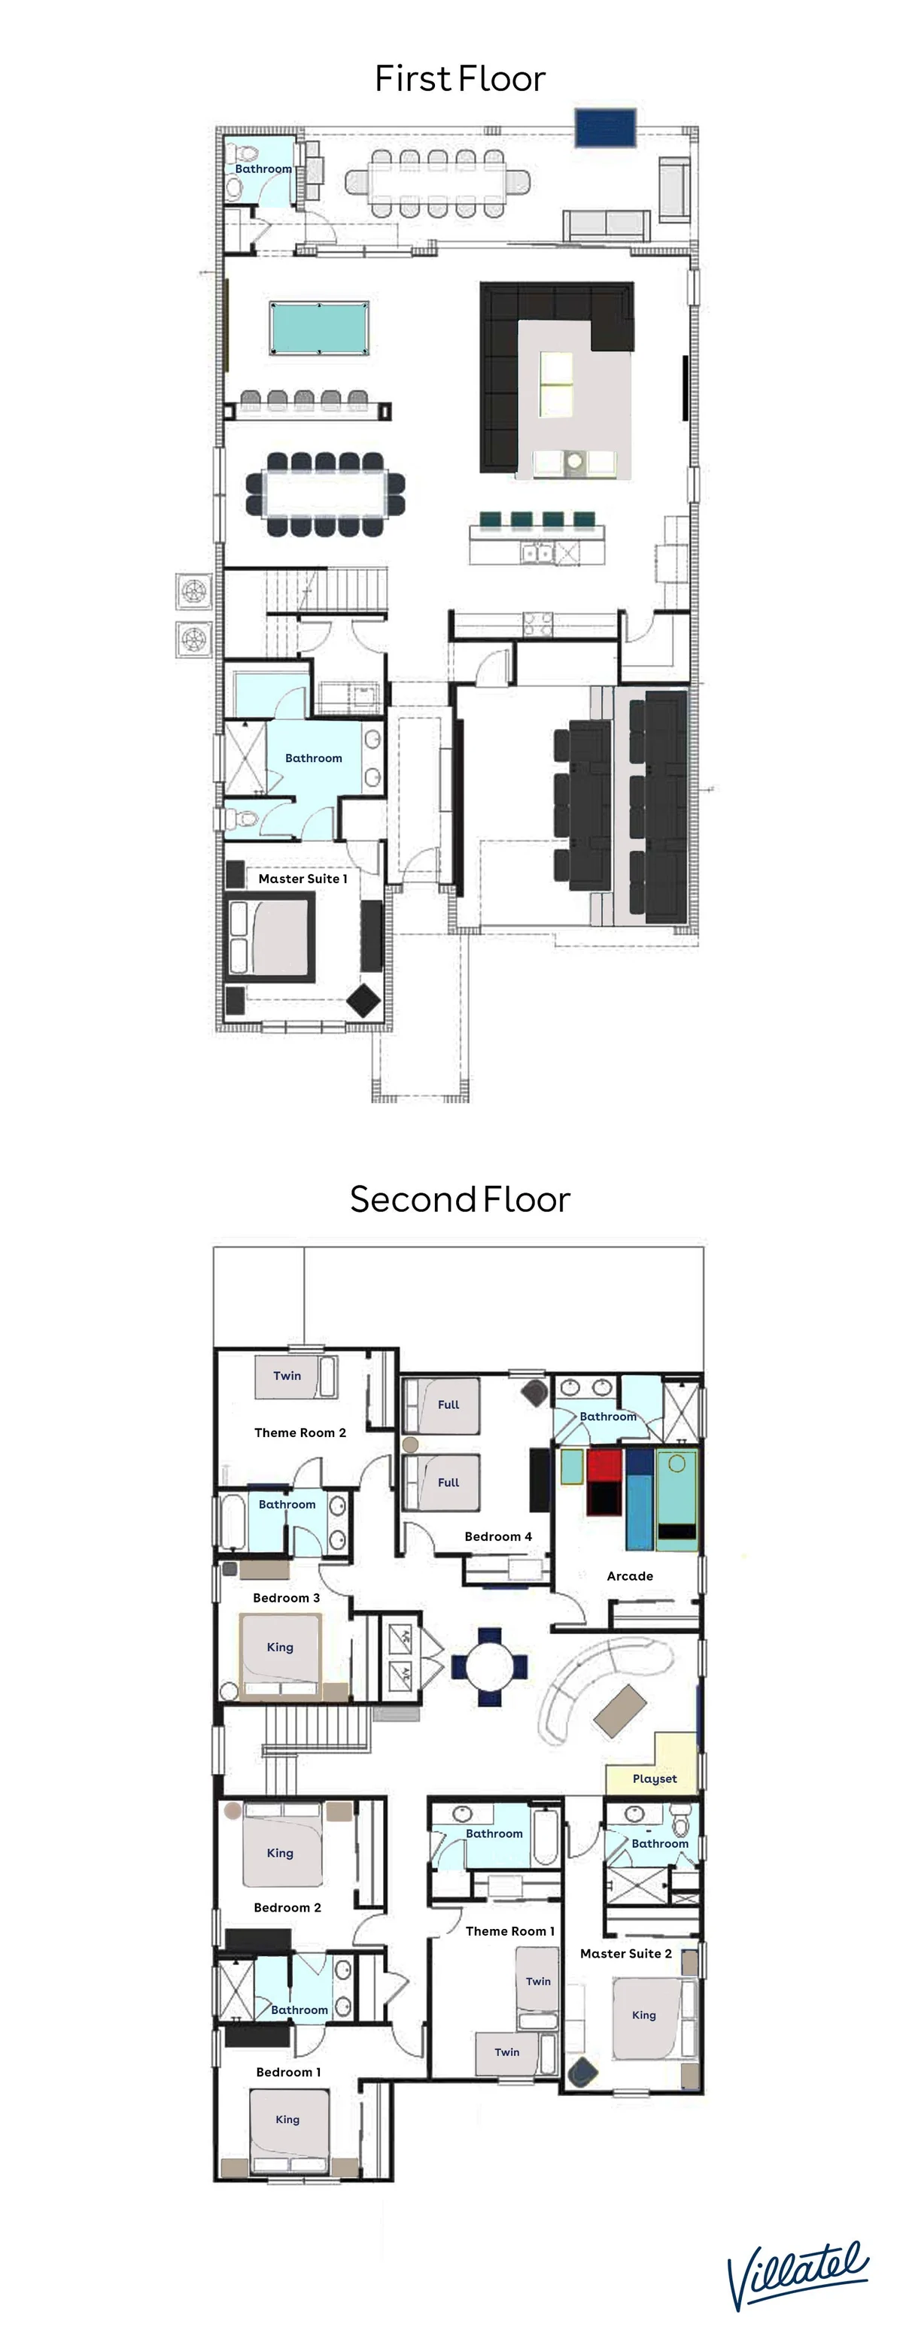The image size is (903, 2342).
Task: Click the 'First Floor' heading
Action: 460,78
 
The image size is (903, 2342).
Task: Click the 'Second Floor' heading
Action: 460,1199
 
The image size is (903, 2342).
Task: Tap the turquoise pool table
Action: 319,327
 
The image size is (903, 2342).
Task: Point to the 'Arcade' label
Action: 630,1575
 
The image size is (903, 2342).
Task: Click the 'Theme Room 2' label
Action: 300,1432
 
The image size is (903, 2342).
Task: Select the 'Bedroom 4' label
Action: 498,1536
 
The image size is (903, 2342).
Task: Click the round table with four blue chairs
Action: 489,1666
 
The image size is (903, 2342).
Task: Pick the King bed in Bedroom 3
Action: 280,1652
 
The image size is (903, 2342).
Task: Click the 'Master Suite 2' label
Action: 625,1953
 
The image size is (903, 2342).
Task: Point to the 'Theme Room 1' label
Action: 510,1930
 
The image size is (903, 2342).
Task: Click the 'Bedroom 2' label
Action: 287,1907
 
